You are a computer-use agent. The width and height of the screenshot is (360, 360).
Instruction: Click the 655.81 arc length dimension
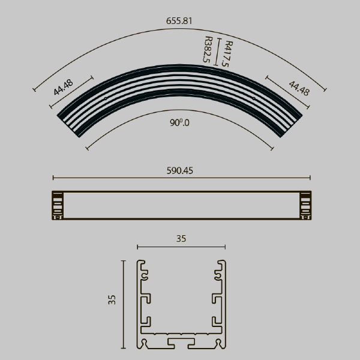[x=179, y=21]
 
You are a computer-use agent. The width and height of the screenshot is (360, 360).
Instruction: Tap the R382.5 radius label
[x=207, y=49]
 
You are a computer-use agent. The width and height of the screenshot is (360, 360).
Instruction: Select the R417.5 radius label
[x=227, y=54]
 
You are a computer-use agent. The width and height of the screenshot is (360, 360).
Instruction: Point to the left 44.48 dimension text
[x=63, y=87]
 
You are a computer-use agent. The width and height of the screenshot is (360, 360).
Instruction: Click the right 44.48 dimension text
[x=299, y=88]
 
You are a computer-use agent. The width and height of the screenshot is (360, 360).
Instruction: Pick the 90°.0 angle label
[x=179, y=123]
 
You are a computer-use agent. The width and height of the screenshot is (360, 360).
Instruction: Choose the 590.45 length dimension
[x=180, y=171]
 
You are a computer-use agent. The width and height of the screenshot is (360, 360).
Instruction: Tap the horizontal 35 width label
[x=181, y=239]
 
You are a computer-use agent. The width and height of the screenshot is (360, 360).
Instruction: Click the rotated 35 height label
[x=112, y=300]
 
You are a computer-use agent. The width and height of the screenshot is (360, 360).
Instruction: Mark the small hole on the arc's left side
[x=106, y=99]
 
